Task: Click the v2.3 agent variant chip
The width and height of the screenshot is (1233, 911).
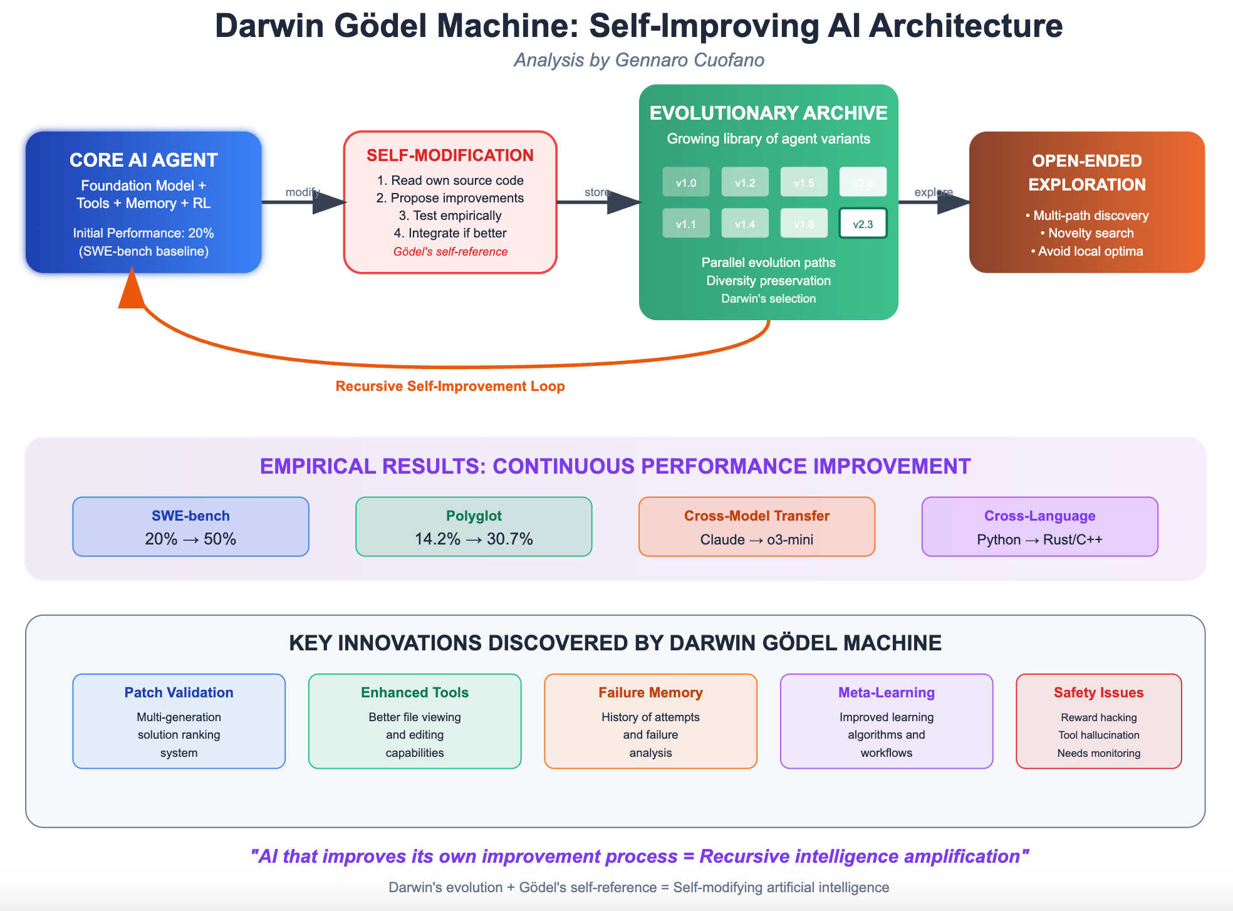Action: [863, 224]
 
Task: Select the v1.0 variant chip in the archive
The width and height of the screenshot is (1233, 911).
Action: [686, 182]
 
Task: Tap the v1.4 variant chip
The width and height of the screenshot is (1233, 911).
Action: [745, 224]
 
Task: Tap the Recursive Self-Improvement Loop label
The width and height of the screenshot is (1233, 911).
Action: [450, 386]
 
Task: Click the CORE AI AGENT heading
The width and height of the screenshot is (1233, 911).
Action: [143, 160]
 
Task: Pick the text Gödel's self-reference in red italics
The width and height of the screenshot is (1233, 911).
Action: [450, 252]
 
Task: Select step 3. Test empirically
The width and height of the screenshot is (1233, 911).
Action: [450, 216]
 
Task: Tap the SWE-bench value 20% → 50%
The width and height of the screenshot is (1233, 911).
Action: [190, 539]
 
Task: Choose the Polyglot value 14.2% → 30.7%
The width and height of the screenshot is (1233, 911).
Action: [474, 539]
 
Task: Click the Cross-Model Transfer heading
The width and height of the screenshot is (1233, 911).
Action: [757, 516]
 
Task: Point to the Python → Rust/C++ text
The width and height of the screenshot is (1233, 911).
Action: [1039, 539]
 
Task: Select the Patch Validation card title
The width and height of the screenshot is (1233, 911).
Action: [179, 692]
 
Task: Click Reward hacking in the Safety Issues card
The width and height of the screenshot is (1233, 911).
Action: [1099, 717]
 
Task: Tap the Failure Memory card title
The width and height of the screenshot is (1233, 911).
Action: [650, 692]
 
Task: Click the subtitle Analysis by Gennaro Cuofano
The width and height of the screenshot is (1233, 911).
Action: [639, 60]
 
